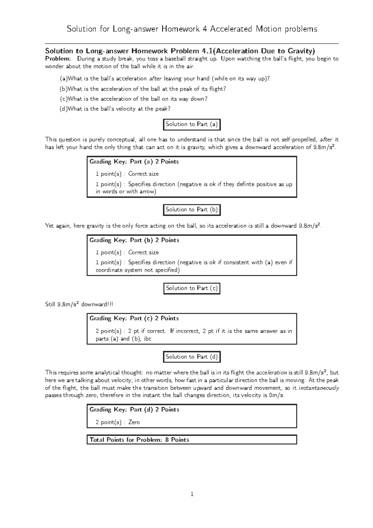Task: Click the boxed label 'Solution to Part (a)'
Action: [192, 124]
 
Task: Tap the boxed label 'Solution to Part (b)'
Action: [192, 210]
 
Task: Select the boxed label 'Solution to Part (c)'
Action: [192, 288]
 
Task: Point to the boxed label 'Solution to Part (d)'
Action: [192, 357]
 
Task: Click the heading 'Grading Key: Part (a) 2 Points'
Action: [134, 162]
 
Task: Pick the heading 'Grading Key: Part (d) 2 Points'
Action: [134, 410]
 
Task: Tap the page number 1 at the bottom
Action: [192, 494]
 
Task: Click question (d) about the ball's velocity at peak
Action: [115, 109]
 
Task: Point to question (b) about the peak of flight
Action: [143, 89]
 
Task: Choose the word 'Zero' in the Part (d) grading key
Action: [134, 422]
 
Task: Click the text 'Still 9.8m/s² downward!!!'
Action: [79, 304]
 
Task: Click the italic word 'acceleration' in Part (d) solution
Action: [271, 373]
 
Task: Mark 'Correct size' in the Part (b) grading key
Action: [143, 252]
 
